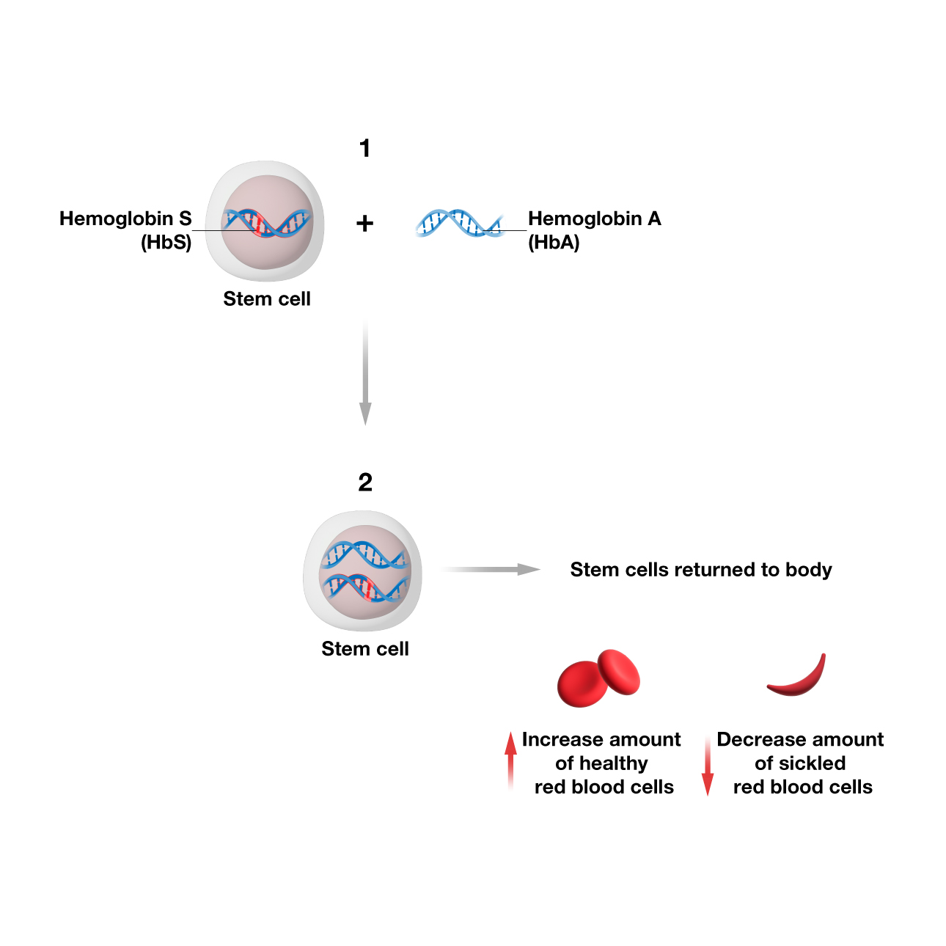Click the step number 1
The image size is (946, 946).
364,149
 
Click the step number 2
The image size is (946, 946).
365,483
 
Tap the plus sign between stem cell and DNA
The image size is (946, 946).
364,223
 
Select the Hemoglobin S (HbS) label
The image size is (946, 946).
125,230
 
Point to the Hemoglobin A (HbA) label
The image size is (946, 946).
594,230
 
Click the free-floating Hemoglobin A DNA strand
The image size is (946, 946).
458,222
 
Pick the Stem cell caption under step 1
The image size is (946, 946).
267,299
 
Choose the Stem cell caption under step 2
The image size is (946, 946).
365,649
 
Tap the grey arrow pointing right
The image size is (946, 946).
491,570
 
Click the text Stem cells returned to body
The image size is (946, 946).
701,570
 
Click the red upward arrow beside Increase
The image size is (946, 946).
510,759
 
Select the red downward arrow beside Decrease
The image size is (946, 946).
708,766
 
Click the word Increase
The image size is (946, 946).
562,739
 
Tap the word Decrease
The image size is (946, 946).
760,739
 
